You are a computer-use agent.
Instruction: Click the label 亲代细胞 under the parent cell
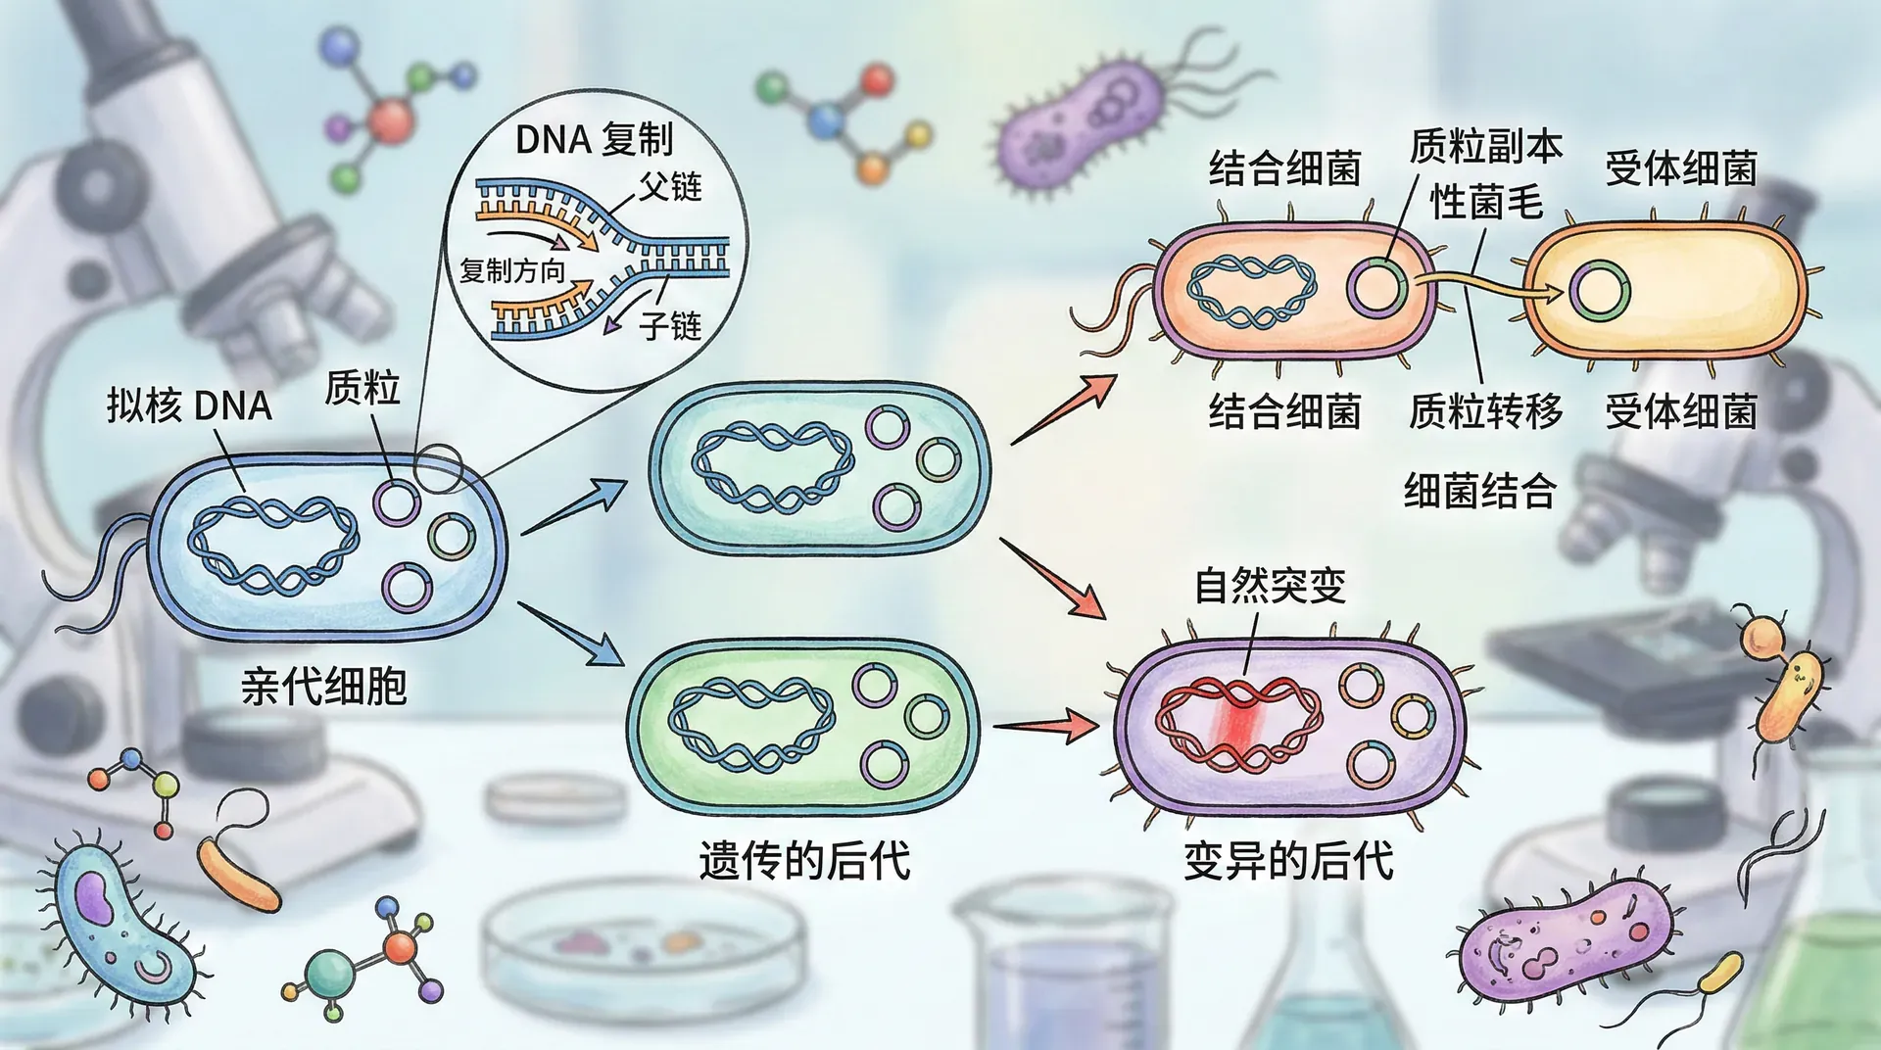click(323, 686)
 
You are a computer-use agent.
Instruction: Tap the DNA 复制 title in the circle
click(594, 140)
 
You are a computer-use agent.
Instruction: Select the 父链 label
click(671, 186)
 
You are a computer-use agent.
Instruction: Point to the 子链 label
click(671, 325)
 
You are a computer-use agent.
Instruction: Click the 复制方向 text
click(512, 270)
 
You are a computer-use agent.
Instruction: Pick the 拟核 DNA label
click(189, 406)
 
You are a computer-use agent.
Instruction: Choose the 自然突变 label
click(1270, 586)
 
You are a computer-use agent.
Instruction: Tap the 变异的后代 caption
click(1288, 861)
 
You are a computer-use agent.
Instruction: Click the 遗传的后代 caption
click(804, 861)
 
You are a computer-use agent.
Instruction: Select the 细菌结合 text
click(1479, 490)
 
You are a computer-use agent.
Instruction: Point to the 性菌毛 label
click(1485, 204)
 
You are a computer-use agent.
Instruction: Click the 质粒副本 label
click(1485, 147)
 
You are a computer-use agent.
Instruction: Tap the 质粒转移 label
click(1485, 411)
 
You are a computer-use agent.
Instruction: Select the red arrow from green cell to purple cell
click(1046, 727)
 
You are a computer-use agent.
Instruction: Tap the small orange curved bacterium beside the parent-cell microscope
click(238, 872)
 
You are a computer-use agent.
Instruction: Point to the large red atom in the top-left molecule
click(391, 119)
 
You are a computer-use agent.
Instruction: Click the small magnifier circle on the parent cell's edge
click(437, 468)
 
